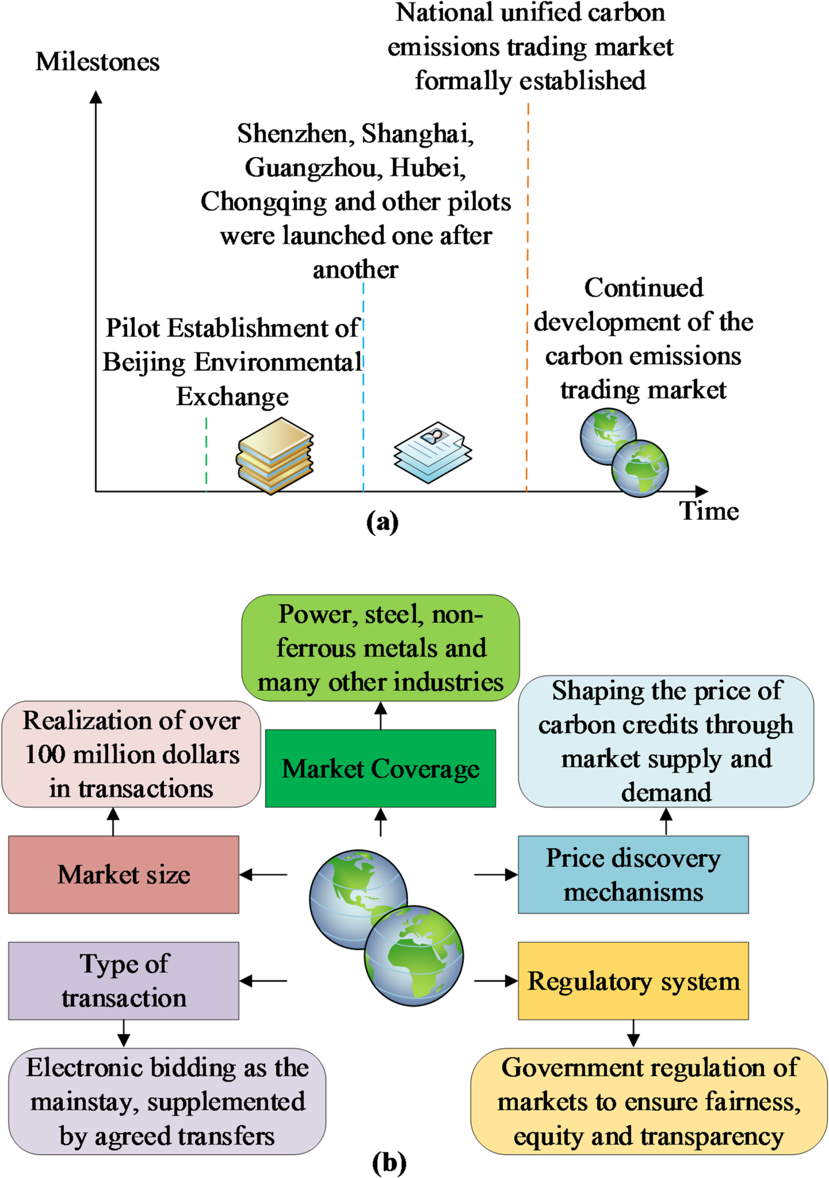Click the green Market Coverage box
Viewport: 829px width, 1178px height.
coord(380,768)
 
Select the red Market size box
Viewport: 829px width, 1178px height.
coord(124,874)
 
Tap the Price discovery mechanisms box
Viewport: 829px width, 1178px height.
coord(633,874)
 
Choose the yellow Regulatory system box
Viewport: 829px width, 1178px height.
coord(633,981)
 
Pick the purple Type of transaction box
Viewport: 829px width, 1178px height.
coord(124,981)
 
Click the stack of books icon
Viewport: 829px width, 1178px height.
coord(275,456)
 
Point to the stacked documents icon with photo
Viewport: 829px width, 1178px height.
coord(432,452)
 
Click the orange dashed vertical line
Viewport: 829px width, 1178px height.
coord(527,299)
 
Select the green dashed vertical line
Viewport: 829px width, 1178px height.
coord(206,454)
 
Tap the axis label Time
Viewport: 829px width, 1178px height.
coord(709,511)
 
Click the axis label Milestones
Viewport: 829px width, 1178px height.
coord(98,62)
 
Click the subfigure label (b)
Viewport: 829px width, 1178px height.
coord(389,1162)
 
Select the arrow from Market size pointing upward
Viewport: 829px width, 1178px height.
coord(113,821)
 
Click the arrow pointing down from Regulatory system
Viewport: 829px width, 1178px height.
coord(633,1034)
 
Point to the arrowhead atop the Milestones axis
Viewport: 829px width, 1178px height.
coord(96,97)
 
